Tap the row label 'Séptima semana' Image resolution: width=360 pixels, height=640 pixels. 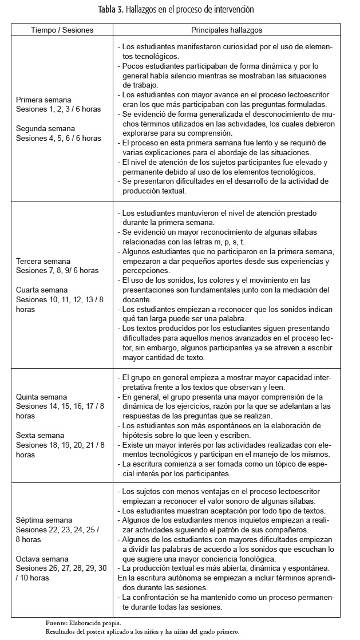point(42,520)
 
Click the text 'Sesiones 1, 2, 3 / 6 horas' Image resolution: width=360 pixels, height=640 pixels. point(58,109)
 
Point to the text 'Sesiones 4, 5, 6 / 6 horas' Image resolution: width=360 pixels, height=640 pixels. point(58,138)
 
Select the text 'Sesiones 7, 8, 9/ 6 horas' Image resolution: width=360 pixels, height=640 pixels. point(57,271)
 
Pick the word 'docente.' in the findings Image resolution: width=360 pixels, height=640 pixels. point(138,299)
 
